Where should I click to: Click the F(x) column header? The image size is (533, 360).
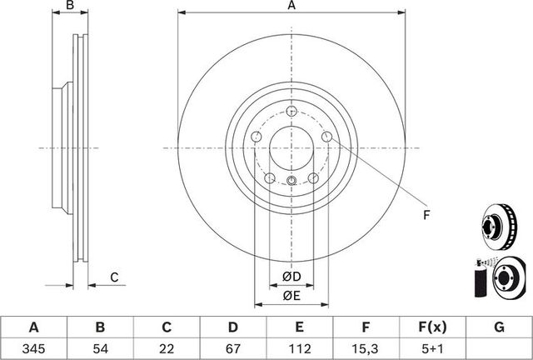(x=432, y=326)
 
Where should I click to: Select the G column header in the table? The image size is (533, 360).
(x=499, y=326)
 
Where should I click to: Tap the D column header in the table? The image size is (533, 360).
(x=233, y=326)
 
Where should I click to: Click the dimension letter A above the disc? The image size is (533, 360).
(x=291, y=7)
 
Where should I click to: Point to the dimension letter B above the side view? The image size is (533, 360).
(x=71, y=7)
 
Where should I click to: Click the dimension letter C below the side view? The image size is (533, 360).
(x=114, y=277)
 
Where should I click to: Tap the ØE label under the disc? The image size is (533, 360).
(x=291, y=295)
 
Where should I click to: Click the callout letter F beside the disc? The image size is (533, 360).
(x=426, y=216)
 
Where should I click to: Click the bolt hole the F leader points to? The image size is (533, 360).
(x=327, y=136)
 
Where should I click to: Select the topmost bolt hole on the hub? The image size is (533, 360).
(x=290, y=112)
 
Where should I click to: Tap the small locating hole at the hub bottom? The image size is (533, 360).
(x=291, y=182)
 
